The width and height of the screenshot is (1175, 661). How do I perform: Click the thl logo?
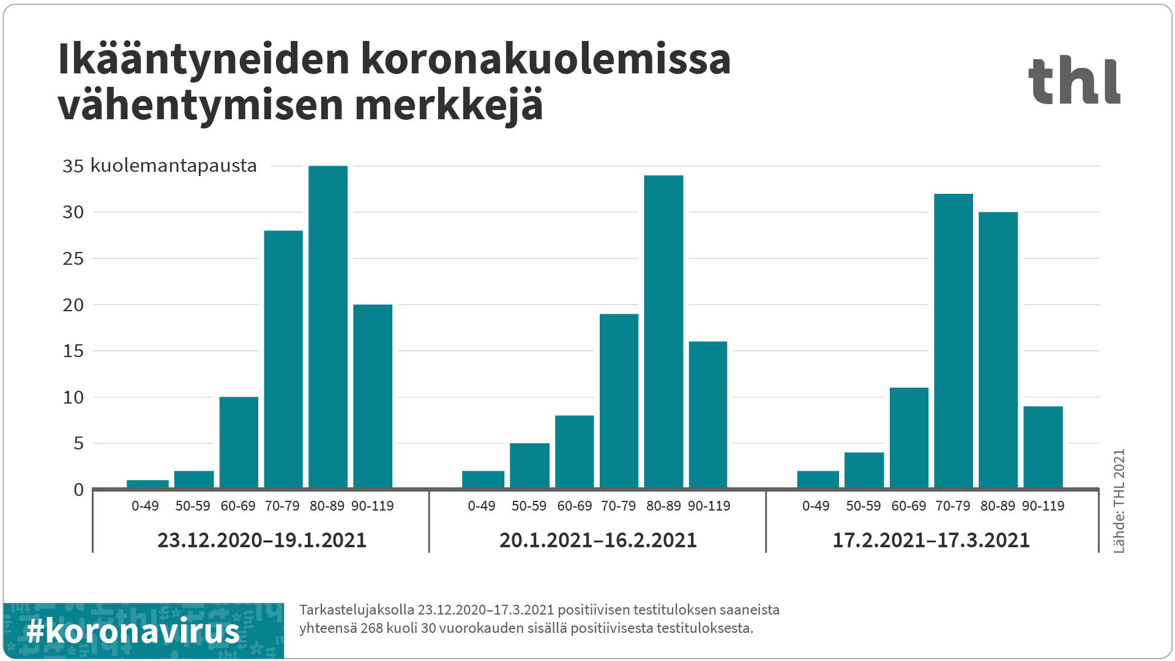[x=1074, y=80]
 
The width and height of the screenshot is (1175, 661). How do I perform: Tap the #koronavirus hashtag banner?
[x=143, y=630]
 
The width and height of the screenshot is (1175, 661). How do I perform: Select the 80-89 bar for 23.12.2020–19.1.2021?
[x=328, y=327]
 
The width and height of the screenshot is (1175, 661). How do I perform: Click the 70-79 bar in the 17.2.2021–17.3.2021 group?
[x=953, y=341]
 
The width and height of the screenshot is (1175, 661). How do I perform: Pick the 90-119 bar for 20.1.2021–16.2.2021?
[x=708, y=415]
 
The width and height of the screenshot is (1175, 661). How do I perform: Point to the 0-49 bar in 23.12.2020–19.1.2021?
[x=147, y=484]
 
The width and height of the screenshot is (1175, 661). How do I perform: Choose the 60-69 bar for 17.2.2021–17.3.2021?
[x=909, y=438]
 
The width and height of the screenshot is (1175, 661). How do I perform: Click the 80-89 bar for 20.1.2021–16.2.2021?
[x=663, y=331]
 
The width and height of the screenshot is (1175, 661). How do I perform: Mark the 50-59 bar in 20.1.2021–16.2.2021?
[x=529, y=465]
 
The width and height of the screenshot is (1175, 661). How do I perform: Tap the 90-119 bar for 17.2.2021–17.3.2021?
[x=1043, y=447]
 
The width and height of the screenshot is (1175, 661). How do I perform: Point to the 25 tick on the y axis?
[x=73, y=259]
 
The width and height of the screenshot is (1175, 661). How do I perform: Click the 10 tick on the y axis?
[x=73, y=397]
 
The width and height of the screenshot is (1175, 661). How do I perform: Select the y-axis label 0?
[x=78, y=490]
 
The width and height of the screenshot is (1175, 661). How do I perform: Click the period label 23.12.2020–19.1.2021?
[x=261, y=541]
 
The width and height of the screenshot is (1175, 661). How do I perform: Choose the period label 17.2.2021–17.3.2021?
[x=931, y=541]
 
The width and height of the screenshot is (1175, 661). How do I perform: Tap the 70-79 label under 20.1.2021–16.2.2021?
[x=618, y=506]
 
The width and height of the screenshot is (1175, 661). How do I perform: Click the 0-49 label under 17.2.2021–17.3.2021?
[x=816, y=506]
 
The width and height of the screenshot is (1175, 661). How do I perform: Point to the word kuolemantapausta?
[x=174, y=166]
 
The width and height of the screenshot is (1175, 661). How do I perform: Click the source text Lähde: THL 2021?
[x=1119, y=501]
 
